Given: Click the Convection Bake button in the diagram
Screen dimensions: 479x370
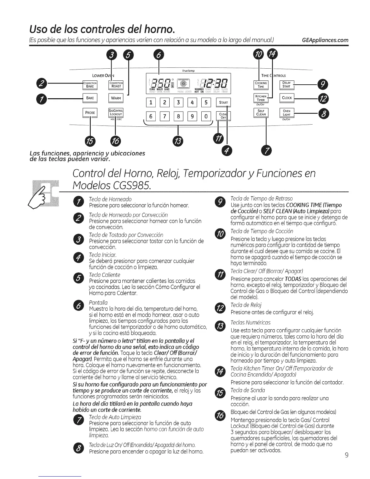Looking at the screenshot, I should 90,85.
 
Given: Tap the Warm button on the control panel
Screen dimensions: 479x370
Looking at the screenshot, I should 116,98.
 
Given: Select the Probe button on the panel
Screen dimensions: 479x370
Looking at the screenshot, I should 90,112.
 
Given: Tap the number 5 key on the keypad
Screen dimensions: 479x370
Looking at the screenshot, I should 206,102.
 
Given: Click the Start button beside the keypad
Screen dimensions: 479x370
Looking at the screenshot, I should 223,103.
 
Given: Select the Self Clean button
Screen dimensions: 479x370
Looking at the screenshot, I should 261,113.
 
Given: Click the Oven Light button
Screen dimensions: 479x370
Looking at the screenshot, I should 286,113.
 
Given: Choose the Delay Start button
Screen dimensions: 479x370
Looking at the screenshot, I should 286,85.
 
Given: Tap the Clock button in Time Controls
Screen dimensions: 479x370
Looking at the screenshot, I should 286,98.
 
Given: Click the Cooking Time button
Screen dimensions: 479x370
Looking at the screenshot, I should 261,85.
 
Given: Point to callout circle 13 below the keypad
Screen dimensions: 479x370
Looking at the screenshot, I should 178,141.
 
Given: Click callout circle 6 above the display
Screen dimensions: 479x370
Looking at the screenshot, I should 159,55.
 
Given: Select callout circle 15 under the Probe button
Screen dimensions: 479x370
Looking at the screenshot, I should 90,141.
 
